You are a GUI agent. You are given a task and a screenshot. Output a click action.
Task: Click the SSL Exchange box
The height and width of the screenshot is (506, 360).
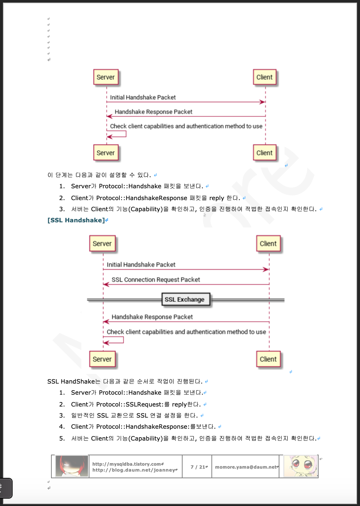[185, 299]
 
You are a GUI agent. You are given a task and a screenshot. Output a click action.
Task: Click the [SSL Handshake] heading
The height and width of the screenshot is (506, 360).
[76, 220]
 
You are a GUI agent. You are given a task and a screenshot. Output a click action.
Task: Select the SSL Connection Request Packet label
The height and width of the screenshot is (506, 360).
[156, 280]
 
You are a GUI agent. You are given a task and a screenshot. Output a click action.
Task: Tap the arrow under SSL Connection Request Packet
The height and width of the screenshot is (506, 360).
[186, 284]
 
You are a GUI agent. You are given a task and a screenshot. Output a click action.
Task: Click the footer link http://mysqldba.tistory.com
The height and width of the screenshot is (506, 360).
[127, 464]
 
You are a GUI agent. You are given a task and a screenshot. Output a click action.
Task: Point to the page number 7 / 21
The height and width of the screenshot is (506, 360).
[197, 467]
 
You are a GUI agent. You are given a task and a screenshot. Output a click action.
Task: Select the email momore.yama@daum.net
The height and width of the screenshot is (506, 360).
[246, 467]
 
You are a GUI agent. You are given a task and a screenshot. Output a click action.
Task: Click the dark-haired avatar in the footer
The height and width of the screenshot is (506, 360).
[71, 466]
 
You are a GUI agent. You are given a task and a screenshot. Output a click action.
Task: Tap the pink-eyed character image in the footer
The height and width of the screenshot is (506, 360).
[300, 466]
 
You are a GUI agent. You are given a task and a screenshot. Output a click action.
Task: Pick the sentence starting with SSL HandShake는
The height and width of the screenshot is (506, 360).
[125, 381]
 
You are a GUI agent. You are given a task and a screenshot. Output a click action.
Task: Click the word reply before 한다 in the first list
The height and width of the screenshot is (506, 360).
[217, 198]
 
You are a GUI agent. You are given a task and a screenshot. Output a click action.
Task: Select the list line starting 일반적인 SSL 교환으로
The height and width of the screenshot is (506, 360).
[134, 415]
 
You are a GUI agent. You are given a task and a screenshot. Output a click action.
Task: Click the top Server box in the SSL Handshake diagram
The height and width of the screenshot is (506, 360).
[102, 244]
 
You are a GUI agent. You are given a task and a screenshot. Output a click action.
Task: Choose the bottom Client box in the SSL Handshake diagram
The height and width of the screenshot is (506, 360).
[268, 359]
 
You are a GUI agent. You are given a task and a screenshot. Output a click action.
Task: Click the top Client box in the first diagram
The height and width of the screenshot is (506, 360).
[265, 77]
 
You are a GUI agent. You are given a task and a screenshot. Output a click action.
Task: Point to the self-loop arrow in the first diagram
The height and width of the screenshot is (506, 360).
[118, 134]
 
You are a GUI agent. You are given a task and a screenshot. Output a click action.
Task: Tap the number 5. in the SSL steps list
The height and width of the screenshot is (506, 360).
[62, 438]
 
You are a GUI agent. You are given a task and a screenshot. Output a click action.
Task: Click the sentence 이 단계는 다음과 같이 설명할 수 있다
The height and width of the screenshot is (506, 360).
[99, 175]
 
